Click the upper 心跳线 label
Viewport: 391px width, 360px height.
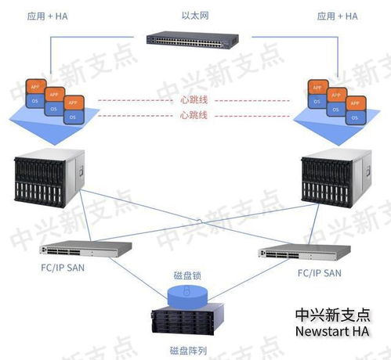pyautogui.click(x=194, y=100)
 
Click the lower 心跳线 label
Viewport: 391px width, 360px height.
pyautogui.click(x=194, y=116)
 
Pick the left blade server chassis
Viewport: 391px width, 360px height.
pyautogui.click(x=49, y=179)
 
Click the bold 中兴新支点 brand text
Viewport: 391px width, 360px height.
pyautogui.click(x=333, y=315)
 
